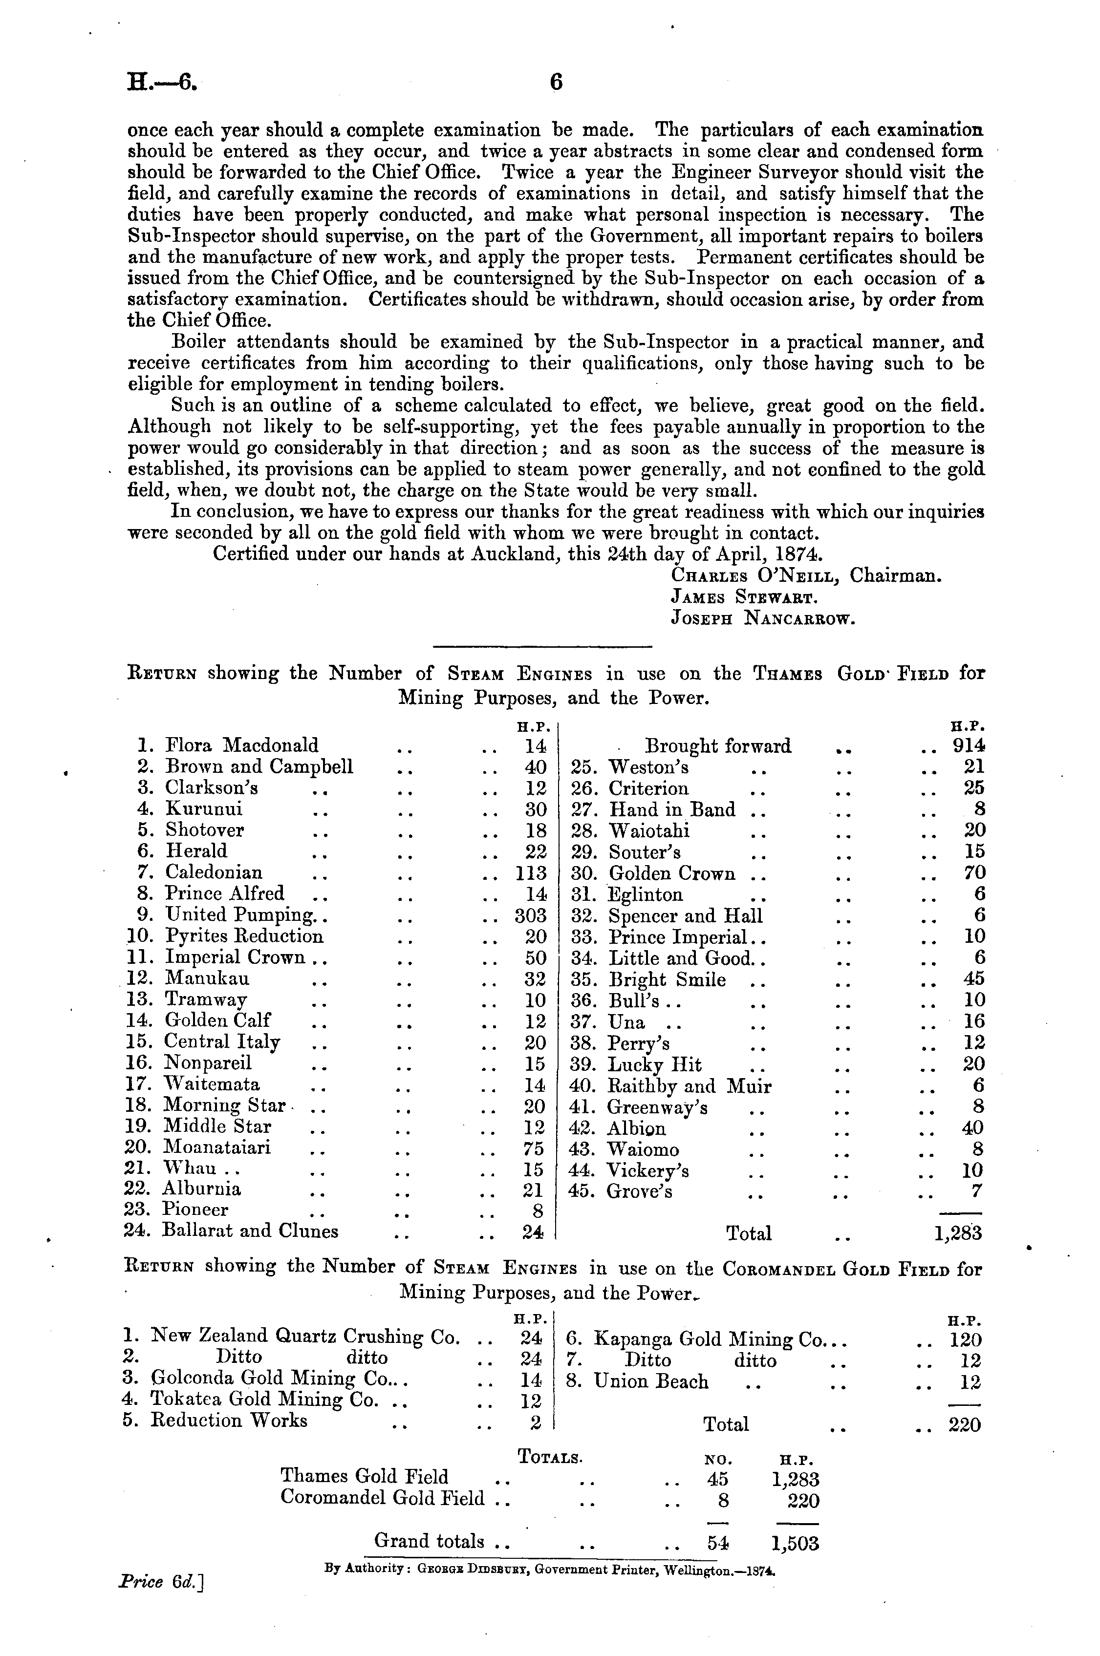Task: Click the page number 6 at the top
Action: pyautogui.click(x=556, y=83)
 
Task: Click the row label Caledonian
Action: pyautogui.click(x=214, y=873)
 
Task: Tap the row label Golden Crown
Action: pyautogui.click(x=671, y=873)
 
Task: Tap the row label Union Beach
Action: pyautogui.click(x=651, y=1382)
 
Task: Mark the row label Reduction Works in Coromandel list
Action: pyautogui.click(x=229, y=1421)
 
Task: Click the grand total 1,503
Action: pyautogui.click(x=795, y=1543)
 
